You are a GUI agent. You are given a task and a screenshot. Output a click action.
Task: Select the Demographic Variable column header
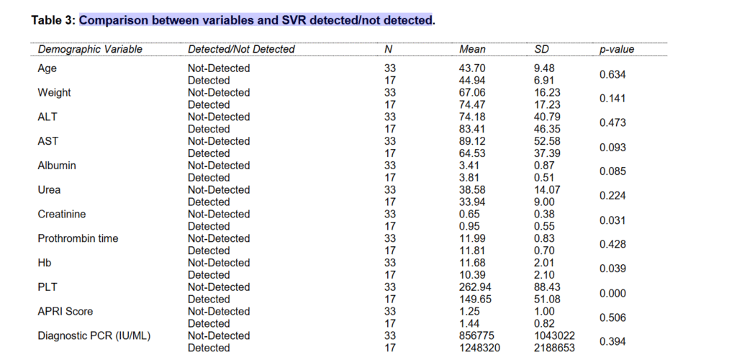(x=90, y=49)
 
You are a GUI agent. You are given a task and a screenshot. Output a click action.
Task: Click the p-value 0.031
(x=612, y=220)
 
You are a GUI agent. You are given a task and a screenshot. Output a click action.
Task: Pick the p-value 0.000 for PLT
(x=612, y=293)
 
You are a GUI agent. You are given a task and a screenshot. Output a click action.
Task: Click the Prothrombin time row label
(x=78, y=238)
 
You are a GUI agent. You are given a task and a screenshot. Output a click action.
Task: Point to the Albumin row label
(x=57, y=166)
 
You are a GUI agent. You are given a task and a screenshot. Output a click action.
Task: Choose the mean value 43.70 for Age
(x=472, y=68)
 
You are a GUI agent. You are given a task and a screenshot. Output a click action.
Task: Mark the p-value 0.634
(x=612, y=74)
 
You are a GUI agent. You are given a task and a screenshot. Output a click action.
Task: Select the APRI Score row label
(x=65, y=311)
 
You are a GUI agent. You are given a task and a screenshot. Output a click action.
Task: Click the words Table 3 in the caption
(x=52, y=19)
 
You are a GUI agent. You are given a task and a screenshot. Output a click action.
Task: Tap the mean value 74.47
(x=472, y=104)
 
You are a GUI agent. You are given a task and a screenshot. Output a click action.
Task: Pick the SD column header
(x=542, y=49)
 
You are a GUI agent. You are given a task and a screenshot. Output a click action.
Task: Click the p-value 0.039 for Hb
(x=612, y=269)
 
